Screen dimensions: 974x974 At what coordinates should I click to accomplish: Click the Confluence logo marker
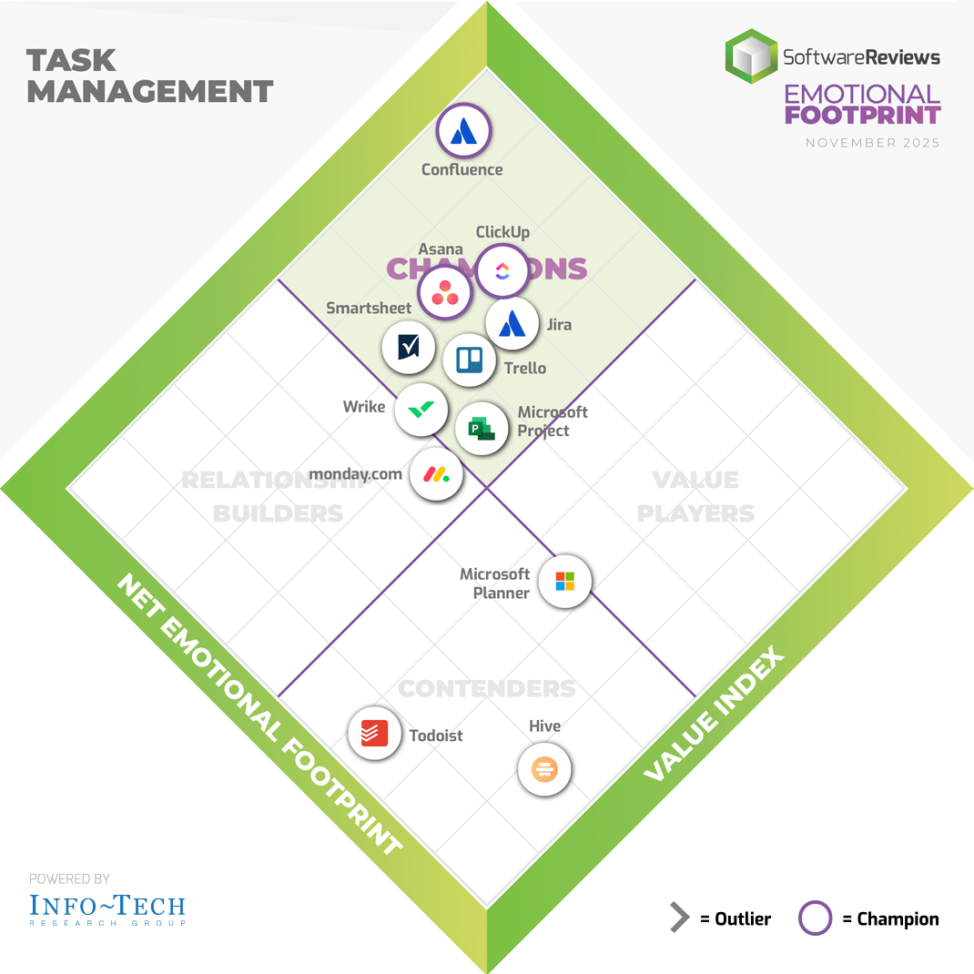(x=464, y=131)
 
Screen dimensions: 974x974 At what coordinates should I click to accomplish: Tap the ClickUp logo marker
(x=502, y=270)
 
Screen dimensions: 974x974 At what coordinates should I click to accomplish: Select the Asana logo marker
(x=445, y=293)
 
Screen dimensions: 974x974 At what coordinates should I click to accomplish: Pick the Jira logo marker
(x=512, y=323)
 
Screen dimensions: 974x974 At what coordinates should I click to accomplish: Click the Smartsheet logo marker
(x=409, y=347)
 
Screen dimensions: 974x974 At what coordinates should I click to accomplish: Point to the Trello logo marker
(x=470, y=360)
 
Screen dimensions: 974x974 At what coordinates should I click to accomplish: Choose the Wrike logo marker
(x=421, y=411)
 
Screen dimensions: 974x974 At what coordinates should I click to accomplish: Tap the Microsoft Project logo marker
(x=482, y=427)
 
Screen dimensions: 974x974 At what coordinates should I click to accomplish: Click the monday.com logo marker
(x=436, y=473)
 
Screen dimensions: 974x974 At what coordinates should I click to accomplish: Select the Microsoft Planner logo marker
(x=565, y=581)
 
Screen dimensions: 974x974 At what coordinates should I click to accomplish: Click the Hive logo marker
(x=544, y=769)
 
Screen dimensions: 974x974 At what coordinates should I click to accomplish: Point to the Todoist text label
(x=436, y=736)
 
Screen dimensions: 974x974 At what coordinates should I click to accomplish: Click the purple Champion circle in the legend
(x=815, y=918)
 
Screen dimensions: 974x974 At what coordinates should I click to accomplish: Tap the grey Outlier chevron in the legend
(x=679, y=918)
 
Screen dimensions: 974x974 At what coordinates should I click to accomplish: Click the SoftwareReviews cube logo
(x=751, y=56)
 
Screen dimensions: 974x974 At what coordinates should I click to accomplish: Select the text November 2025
(x=872, y=143)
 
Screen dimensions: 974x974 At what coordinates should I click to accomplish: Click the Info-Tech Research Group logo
(x=107, y=908)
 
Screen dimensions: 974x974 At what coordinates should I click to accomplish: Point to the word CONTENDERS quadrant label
(x=487, y=688)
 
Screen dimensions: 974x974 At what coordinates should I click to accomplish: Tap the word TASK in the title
(x=72, y=60)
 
